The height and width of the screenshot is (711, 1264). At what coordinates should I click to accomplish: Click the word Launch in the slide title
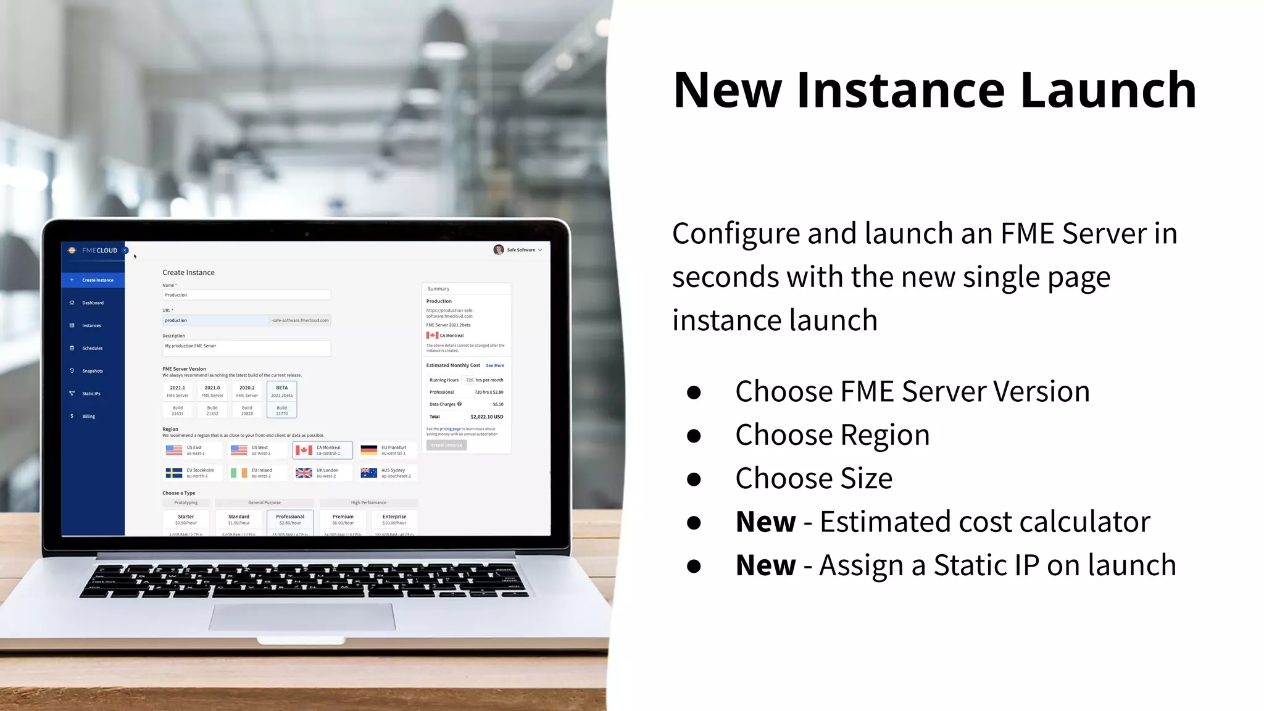coord(1108,90)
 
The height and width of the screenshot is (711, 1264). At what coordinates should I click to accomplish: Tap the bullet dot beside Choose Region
coord(694,436)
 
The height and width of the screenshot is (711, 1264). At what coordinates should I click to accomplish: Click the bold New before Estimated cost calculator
coord(765,522)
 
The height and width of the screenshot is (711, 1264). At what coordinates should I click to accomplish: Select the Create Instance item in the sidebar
coord(93,280)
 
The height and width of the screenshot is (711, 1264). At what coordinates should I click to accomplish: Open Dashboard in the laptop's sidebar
coord(93,303)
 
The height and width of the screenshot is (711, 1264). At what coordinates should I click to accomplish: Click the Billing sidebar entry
coord(88,417)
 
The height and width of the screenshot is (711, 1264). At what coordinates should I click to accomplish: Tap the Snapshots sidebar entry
coord(92,371)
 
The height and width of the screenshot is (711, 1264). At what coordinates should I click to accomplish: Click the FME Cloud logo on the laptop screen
coord(93,251)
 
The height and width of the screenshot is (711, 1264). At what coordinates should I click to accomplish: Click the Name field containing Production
coord(246,295)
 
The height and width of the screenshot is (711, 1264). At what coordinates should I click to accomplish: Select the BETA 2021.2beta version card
coord(282,399)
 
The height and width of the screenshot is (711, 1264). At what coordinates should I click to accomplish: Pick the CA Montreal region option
coord(322,451)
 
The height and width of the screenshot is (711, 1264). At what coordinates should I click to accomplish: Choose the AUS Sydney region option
coord(388,473)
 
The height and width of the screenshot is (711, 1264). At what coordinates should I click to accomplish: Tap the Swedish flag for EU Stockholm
coord(174,473)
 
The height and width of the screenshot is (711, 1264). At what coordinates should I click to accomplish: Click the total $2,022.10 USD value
coord(486,417)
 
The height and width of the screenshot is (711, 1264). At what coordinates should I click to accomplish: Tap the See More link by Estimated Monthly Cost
coord(495,366)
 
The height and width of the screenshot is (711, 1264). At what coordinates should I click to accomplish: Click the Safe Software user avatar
coord(499,250)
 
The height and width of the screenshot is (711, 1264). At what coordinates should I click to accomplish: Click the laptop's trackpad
coord(302,617)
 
